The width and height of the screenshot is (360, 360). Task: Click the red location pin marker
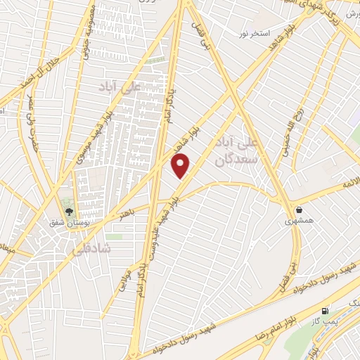coord(181,165)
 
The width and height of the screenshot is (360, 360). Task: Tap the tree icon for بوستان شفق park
coord(69,210)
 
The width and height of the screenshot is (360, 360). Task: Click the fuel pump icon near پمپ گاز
coord(324,311)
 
